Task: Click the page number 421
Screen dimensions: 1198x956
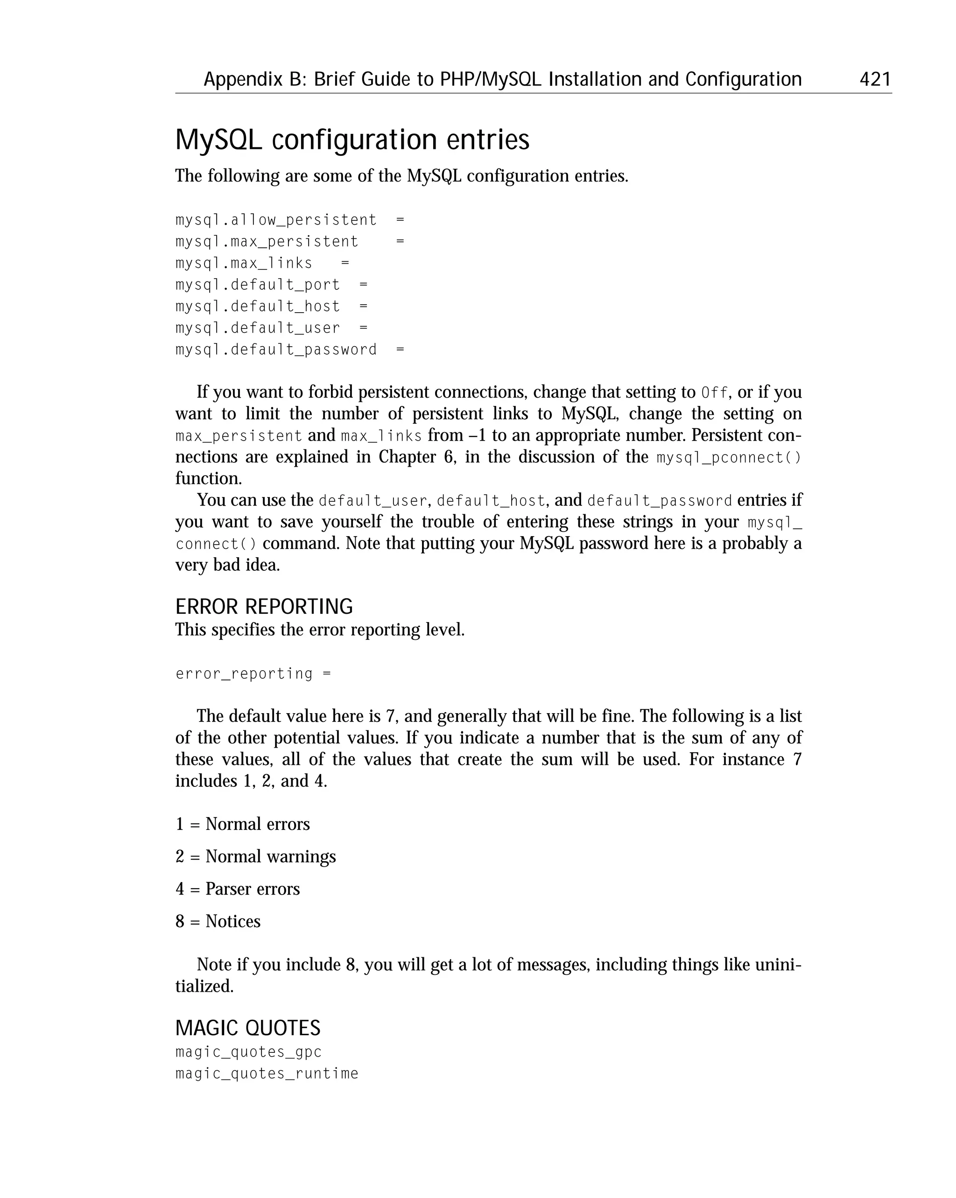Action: coord(875,79)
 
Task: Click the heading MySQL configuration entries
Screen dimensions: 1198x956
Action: coord(352,140)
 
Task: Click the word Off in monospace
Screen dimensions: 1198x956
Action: coord(714,393)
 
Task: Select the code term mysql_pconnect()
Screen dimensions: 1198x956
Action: coord(729,458)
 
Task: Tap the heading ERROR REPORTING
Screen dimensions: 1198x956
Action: coord(264,606)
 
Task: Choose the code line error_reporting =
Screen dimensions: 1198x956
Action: coord(253,674)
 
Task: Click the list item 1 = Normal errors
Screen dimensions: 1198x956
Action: coord(242,824)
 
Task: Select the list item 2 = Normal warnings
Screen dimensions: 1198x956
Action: coord(256,856)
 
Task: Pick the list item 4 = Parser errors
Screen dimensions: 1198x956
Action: coord(237,889)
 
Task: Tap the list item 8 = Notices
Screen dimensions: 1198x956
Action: coord(218,921)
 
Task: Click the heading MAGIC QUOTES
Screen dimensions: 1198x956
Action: coord(248,1028)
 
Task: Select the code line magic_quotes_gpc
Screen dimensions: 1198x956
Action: coord(248,1052)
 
